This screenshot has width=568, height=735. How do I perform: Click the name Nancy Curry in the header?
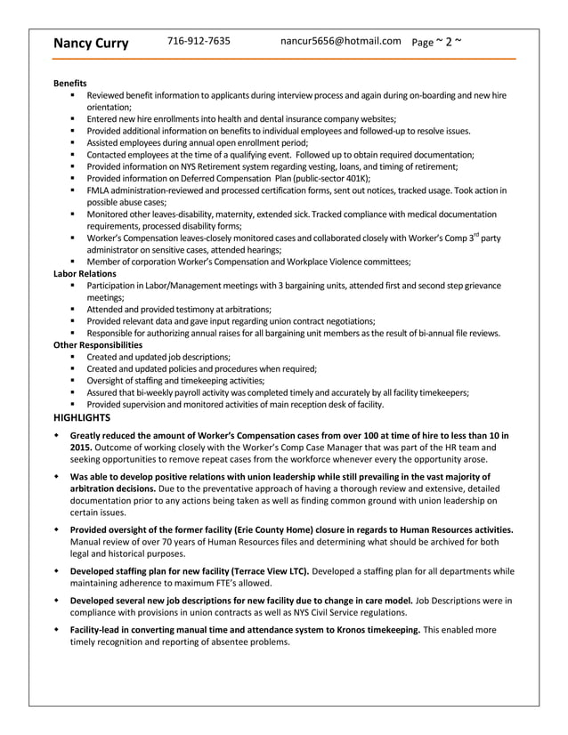point(91,43)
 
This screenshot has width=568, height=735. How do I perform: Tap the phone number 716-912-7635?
point(199,41)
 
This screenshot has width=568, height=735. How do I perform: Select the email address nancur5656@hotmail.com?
point(340,41)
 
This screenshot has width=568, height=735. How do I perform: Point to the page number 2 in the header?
point(449,41)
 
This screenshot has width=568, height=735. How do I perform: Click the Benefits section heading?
point(70,83)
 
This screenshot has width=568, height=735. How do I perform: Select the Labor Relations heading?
point(85,274)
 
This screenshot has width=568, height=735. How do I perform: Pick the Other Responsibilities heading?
point(98,344)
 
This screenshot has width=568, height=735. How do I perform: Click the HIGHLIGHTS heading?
point(82,416)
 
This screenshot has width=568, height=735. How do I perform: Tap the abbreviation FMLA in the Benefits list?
point(99,190)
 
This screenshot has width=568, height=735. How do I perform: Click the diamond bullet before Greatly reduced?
point(57,435)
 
